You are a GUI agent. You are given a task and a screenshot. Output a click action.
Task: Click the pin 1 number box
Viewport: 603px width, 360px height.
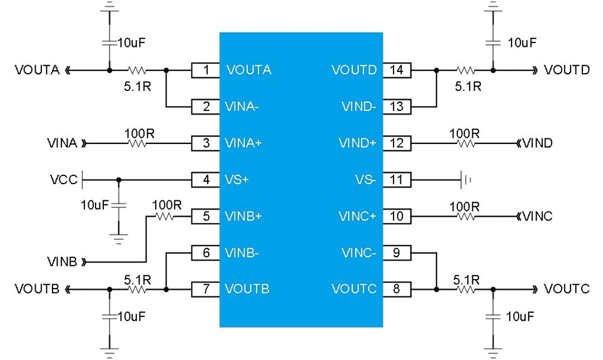tap(205, 70)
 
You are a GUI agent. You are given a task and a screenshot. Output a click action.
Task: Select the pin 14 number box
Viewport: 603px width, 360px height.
tap(397, 70)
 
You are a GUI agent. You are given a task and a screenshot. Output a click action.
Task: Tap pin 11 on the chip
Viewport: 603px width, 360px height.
tap(397, 180)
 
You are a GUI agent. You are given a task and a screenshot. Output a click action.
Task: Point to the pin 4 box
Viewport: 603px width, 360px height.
tap(205, 180)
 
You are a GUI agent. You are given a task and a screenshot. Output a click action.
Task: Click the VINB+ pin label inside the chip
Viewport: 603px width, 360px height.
tap(243, 216)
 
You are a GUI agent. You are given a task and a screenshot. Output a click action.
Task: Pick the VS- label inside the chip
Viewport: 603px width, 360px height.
tap(366, 180)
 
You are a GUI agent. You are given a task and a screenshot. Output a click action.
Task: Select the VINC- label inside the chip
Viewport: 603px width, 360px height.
tap(360, 253)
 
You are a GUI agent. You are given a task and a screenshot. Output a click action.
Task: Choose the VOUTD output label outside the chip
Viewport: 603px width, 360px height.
tap(567, 70)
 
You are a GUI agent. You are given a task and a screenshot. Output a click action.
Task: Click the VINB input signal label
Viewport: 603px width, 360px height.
tap(63, 261)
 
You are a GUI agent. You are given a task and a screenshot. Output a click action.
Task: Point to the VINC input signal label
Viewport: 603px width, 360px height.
tap(537, 217)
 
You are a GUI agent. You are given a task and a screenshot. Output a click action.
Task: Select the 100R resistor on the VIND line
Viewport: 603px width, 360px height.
tap(465, 143)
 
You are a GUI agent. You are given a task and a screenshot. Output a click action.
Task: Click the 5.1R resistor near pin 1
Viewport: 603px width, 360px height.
tap(137, 71)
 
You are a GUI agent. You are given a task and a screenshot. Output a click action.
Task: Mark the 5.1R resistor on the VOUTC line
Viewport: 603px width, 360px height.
tap(465, 289)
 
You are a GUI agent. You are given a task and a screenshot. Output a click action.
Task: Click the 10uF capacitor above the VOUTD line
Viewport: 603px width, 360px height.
tap(492, 42)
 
